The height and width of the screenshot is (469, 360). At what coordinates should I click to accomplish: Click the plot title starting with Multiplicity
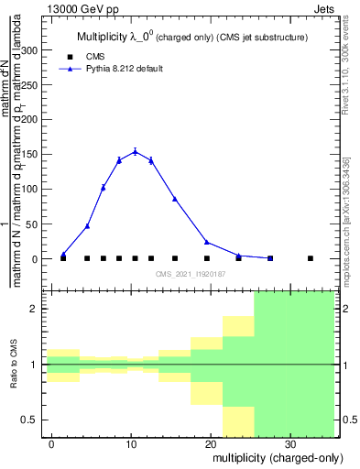pyautogui.click(x=191, y=38)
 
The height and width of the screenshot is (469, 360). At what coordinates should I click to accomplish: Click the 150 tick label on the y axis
pyautogui.click(x=31, y=155)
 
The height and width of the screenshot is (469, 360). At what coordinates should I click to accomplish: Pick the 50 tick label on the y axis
pyautogui.click(x=34, y=224)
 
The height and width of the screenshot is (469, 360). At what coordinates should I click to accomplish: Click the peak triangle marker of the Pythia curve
pyautogui.click(x=135, y=152)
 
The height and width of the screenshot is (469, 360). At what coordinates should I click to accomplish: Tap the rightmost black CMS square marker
pyautogui.click(x=311, y=258)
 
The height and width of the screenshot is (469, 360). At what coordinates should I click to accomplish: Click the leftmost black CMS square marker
pyautogui.click(x=63, y=258)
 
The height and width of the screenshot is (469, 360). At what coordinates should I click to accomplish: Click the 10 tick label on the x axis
pyautogui.click(x=132, y=442)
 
